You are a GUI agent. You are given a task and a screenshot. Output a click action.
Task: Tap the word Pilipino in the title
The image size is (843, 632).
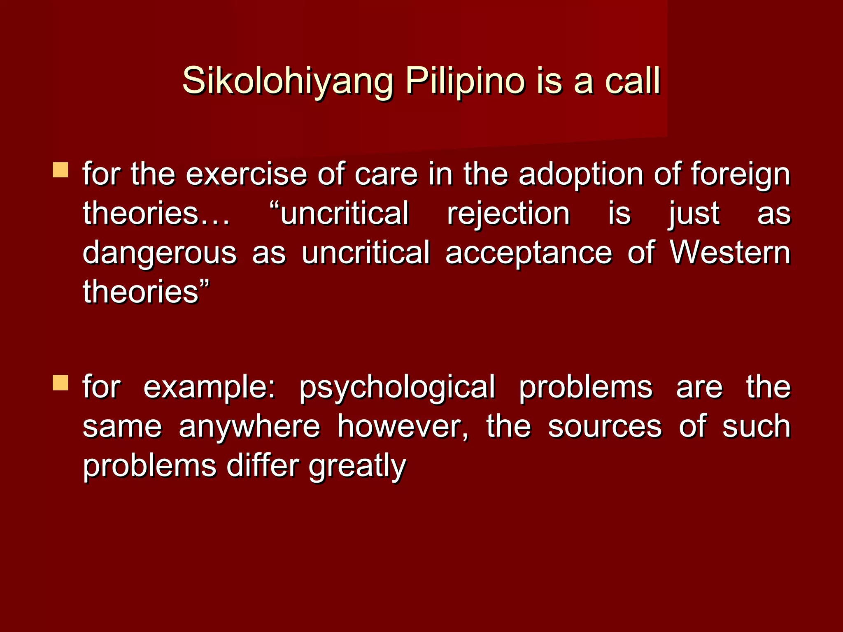pyautogui.click(x=465, y=81)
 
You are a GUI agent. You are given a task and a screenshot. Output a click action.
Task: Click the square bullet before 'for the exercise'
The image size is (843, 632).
pyautogui.click(x=61, y=170)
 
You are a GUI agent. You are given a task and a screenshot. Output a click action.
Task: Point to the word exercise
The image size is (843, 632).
pyautogui.click(x=246, y=174)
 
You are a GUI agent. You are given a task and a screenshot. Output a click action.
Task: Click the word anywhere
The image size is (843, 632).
pyautogui.click(x=249, y=427)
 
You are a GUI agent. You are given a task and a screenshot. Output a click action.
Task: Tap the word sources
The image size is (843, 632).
pyautogui.click(x=605, y=427)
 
